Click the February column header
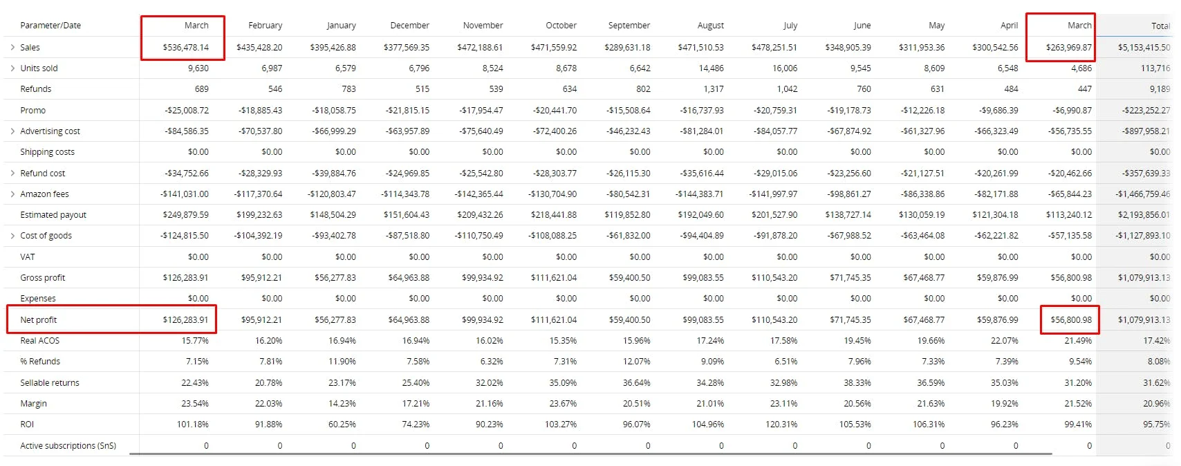pos(266,26)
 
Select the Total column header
pos(1160,26)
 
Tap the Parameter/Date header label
pos(50,26)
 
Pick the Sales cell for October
pos(554,48)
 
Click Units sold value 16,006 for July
pos(783,68)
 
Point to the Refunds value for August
pos(714,89)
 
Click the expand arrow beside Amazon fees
pos(12,194)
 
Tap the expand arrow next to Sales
pos(12,48)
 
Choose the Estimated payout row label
pos(53,214)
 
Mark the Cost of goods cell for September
pos(628,236)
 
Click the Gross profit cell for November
pos(481,277)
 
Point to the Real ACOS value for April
pos(1005,341)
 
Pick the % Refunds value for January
pos(342,361)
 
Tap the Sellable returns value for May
pos(931,383)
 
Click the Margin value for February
pos(269,403)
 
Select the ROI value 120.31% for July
pos(781,424)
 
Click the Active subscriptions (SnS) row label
pos(68,445)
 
